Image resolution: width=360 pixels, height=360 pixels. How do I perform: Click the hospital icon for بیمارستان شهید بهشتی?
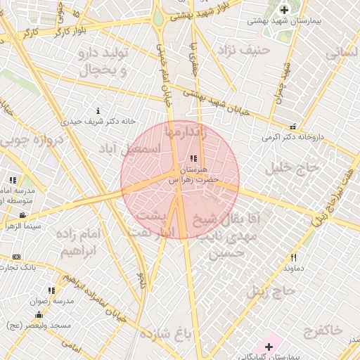pos(284,10)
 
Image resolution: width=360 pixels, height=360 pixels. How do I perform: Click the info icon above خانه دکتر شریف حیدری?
pos(98,110)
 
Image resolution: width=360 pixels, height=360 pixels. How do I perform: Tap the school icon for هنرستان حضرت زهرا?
pos(193,158)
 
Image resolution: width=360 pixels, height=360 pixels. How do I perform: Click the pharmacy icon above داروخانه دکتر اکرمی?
pos(292,127)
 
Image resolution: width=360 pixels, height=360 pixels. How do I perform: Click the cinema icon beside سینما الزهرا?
pos(23,215)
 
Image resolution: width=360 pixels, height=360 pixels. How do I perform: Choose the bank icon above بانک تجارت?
pos(17,257)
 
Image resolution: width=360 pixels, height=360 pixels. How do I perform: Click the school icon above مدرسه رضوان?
pos(51,290)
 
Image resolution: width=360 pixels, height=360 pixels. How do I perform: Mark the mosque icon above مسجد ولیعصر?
pos(38,314)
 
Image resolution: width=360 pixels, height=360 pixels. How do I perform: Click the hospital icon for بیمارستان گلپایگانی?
pos(269,347)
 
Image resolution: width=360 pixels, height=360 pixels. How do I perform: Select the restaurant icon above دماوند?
pos(294,257)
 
